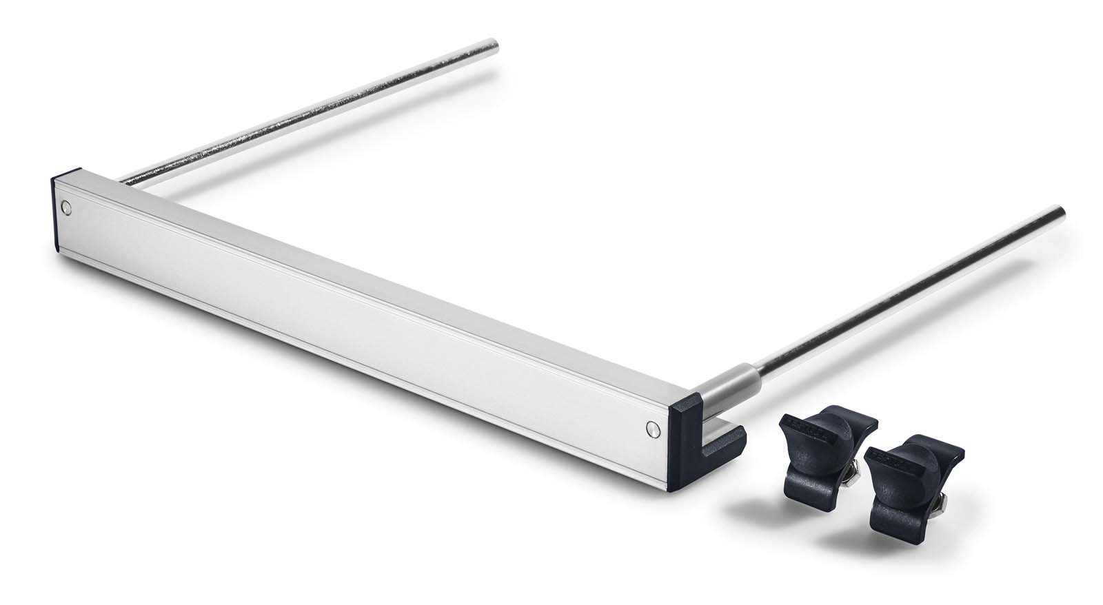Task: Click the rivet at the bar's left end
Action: click(65, 206)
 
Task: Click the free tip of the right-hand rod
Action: click(1061, 212)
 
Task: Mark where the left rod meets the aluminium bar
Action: click(124, 180)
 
